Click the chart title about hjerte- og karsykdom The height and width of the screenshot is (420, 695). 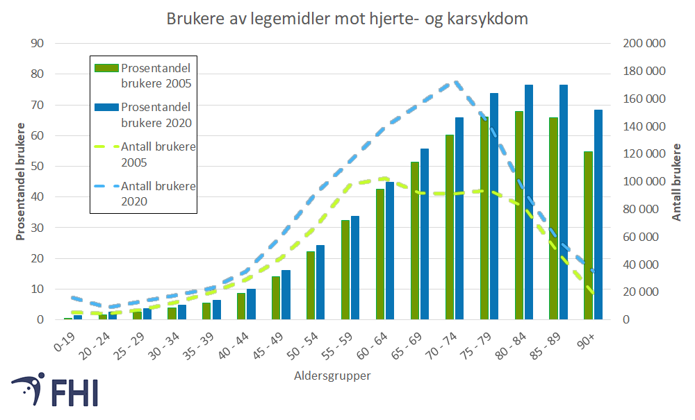pos(347,19)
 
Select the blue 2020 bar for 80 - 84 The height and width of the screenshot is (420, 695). pos(529,202)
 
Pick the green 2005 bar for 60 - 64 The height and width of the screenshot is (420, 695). pos(379,254)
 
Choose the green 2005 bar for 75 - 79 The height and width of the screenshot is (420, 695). pos(484,218)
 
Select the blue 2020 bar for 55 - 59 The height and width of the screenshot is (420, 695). pos(355,268)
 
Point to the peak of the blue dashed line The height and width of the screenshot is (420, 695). pos(455,82)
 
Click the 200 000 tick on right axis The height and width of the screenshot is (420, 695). pos(644,44)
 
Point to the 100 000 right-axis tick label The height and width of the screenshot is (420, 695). pos(644,182)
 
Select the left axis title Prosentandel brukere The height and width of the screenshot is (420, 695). pos(21,182)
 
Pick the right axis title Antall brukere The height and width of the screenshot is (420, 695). pos(677,182)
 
